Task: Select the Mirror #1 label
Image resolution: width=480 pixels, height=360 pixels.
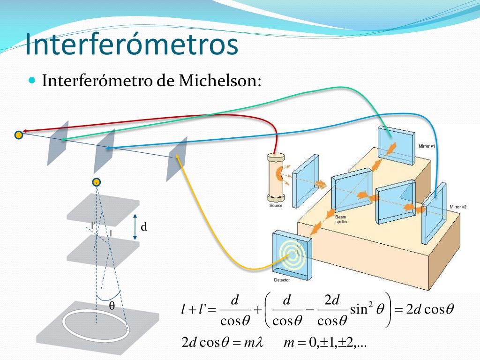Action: pyautogui.click(x=427, y=146)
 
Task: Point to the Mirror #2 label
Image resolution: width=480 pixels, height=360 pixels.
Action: pyautogui.click(x=458, y=207)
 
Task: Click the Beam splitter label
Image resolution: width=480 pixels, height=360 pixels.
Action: pyautogui.click(x=342, y=220)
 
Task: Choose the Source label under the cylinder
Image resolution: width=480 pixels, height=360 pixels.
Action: pyautogui.click(x=276, y=206)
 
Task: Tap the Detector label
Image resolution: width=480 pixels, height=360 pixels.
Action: pyautogui.click(x=282, y=280)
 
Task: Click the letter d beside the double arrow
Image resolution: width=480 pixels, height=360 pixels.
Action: pyautogui.click(x=144, y=227)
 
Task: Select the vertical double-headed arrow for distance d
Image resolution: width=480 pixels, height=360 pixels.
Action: pyautogui.click(x=135, y=227)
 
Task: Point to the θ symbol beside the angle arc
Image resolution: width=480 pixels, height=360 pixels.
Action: pyautogui.click(x=112, y=306)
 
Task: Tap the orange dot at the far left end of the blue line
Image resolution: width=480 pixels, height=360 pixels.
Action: pyautogui.click(x=18, y=135)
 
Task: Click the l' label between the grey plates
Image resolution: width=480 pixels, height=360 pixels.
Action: pyautogui.click(x=94, y=226)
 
